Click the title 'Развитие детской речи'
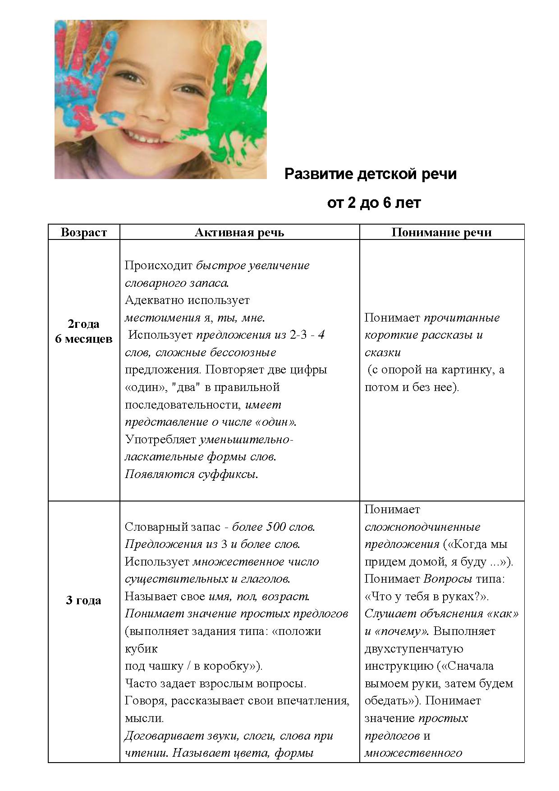pos(370,174)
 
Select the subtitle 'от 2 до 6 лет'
pos(374,203)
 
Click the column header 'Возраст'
pos(84,233)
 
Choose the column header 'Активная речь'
pos(239,233)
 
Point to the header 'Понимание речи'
pos(441,233)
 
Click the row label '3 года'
pos(84,601)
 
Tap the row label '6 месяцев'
pos(84,339)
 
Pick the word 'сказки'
pos(382,352)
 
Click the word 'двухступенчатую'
pos(414,649)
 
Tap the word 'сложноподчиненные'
pos(422,527)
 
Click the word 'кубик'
pos(141,649)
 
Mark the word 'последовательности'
pos(183,405)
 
